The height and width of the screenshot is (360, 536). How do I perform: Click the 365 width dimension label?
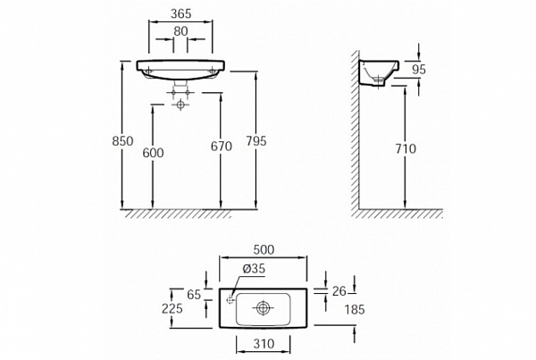coord(180,13)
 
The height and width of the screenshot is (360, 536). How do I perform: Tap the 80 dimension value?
coord(180,31)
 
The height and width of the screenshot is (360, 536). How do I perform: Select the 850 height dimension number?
coord(122,141)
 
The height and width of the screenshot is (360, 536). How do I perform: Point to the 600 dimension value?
coord(153,153)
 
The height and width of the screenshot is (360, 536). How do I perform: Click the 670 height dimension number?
coord(222,147)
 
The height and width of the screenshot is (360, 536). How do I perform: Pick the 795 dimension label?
coord(256,141)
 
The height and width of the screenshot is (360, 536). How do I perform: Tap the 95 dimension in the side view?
coord(419,70)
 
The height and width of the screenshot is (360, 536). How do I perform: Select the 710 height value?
coord(406,148)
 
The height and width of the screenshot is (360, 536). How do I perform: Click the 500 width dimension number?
coord(264,250)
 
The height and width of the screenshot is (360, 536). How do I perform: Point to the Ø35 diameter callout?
coord(254,269)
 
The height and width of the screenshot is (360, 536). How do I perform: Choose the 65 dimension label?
coord(194,295)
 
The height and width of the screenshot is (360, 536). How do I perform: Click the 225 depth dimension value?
coord(172,308)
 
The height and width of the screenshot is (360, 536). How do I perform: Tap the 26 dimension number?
coord(339,291)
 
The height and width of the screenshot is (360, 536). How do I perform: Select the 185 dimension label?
coord(355,310)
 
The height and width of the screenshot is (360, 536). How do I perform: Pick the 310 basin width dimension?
coord(264,344)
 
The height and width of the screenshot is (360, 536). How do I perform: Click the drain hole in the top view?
coord(263,308)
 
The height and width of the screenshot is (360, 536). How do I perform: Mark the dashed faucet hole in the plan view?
coord(231,300)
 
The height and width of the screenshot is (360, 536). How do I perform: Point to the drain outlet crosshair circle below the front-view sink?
coord(180,105)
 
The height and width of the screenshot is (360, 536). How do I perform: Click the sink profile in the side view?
coord(379,73)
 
